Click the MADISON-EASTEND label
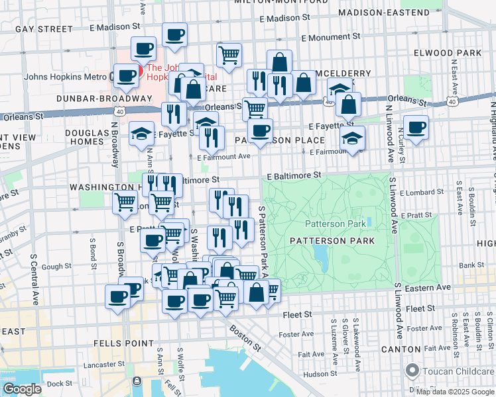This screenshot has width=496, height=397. (383, 13)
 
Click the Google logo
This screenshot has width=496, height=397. (22, 389)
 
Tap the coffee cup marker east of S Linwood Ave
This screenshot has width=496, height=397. (416, 128)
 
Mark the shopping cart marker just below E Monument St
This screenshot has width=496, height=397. (229, 56)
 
